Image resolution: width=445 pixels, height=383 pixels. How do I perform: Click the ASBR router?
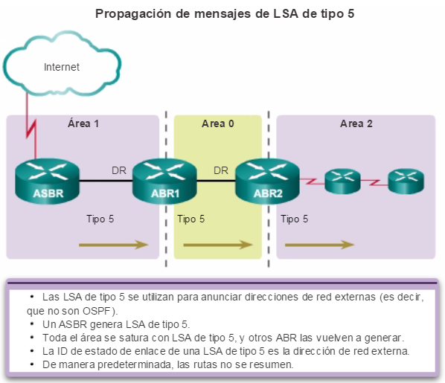coord(48,181)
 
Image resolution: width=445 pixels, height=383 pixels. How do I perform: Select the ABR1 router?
coord(165,181)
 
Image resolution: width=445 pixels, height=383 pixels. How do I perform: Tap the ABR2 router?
coord(268,181)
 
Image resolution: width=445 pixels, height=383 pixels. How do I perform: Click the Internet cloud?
coord(63,64)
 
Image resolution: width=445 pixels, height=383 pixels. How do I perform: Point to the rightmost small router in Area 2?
coord(406,181)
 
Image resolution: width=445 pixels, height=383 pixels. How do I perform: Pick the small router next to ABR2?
coord(342,181)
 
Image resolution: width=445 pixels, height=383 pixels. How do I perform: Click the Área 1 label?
coord(83,123)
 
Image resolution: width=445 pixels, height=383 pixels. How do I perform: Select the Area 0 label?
coord(218,123)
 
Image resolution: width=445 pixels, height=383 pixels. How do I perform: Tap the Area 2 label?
coord(356,123)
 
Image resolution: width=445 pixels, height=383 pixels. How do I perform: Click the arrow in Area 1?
coord(114,245)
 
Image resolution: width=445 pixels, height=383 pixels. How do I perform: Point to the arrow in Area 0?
coord(218,245)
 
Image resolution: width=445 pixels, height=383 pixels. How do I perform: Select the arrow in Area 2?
coord(319,245)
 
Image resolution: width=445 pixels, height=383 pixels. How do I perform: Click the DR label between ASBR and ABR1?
coord(119,170)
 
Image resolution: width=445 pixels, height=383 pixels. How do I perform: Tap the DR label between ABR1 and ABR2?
coord(221,170)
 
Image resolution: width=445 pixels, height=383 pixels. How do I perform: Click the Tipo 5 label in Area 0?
coord(191,219)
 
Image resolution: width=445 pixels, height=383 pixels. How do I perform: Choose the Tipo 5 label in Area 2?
coord(294,219)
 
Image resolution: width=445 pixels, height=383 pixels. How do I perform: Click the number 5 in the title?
coord(350,13)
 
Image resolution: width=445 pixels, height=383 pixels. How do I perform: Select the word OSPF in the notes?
coord(97,311)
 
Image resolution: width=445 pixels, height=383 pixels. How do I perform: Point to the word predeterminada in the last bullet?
coord(135,364)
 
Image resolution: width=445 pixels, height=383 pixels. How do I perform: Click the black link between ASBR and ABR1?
coord(106,181)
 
